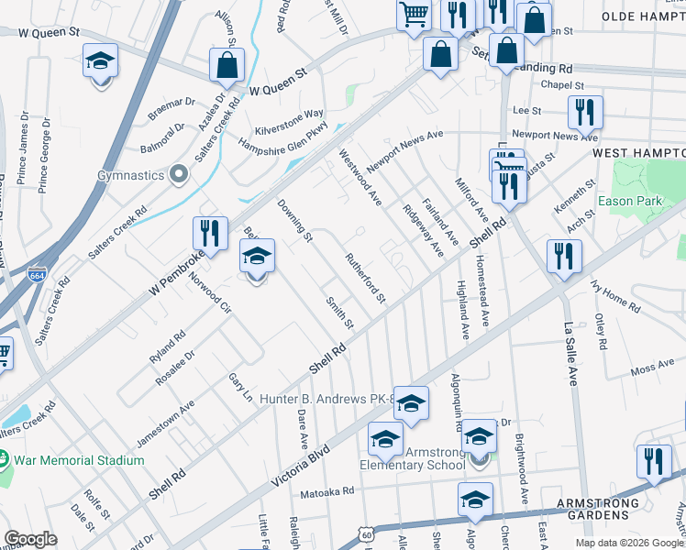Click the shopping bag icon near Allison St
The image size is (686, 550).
[227, 65]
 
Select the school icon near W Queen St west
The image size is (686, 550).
[100, 61]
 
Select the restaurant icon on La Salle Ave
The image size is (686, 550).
[564, 256]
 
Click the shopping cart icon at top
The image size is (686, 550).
[414, 13]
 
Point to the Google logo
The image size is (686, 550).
[30, 539]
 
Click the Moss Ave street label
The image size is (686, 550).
[652, 368]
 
